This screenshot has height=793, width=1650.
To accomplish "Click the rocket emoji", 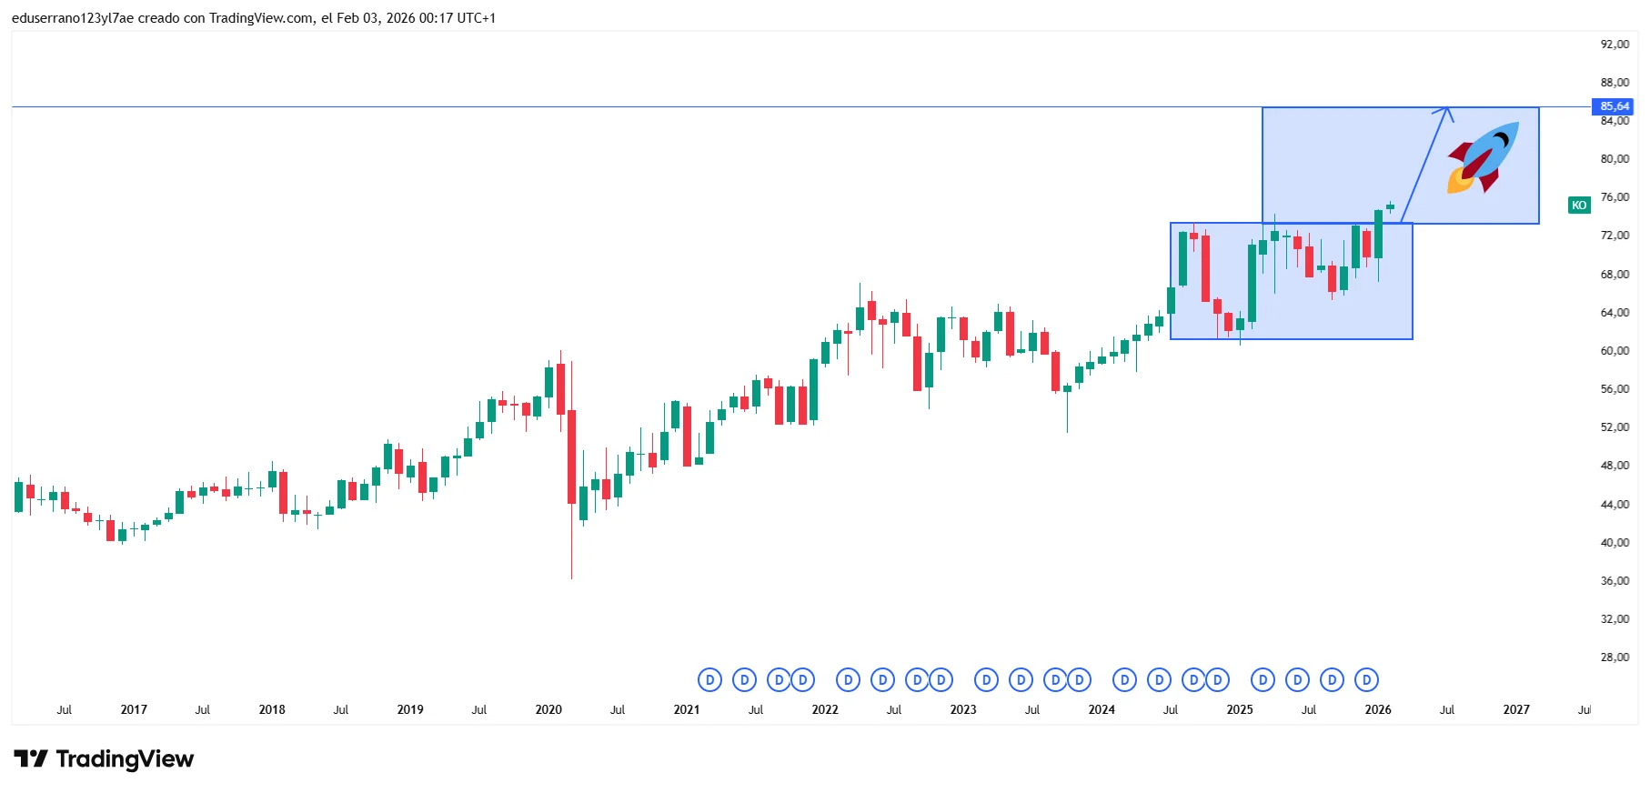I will point(1482,157).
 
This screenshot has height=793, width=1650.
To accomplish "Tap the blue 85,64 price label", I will point(1614,106).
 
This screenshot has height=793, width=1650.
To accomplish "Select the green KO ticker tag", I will point(1579,206).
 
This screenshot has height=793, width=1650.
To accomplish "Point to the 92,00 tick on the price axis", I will point(1615,44).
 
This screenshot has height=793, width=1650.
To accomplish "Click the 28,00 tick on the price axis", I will point(1615,657).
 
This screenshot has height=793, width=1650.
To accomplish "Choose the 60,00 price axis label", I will point(1615,350).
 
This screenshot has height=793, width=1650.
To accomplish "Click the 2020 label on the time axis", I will point(548,709).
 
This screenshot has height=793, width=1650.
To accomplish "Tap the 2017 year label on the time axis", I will point(134,709).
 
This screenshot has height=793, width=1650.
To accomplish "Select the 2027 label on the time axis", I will point(1515,709).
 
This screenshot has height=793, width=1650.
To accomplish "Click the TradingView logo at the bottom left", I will point(104,758).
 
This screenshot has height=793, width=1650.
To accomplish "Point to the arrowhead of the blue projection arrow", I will point(1446,110).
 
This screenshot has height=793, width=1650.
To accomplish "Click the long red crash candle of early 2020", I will point(572,456).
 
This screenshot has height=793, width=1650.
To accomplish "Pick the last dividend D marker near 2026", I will point(1366,679).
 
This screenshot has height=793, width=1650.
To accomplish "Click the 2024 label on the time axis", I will point(1102,709).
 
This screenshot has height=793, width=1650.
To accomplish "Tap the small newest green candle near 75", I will point(1390,206).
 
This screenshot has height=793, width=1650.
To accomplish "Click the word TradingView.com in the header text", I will point(261,18).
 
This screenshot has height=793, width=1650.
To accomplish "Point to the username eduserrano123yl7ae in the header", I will point(73,18).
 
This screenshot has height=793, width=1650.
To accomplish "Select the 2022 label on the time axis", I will point(825,709).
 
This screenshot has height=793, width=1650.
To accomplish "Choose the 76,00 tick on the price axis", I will point(1615,196).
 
